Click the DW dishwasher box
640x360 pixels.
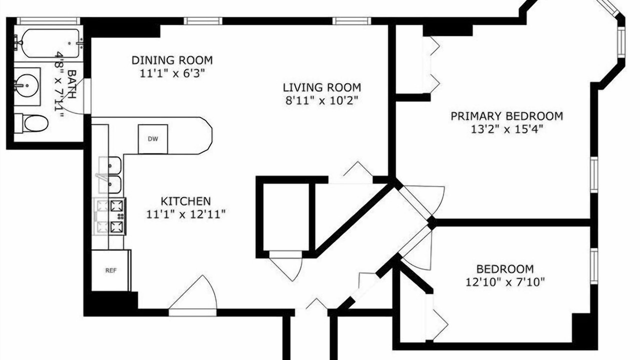pyautogui.click(x=153, y=139)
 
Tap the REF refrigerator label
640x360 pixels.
pyautogui.click(x=111, y=270)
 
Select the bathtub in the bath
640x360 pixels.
pyautogui.click(x=50, y=43)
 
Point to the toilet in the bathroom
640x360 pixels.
pyautogui.click(x=31, y=123)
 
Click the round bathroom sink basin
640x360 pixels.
pyautogui.click(x=26, y=85)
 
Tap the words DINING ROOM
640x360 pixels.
pyautogui.click(x=172, y=60)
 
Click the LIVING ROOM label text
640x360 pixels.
pyautogui.click(x=322, y=87)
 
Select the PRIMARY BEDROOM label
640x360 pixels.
pyautogui.click(x=507, y=116)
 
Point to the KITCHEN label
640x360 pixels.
pyautogui.click(x=185, y=201)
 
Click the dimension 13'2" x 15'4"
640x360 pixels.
pyautogui.click(x=506, y=129)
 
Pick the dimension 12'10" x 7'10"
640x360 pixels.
pyautogui.click(x=505, y=282)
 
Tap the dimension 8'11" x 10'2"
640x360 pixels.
pyautogui.click(x=321, y=100)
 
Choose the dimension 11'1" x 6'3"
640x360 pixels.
pyautogui.click(x=172, y=73)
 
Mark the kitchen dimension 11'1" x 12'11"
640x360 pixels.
pyautogui.click(x=186, y=214)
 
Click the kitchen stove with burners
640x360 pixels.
pyautogui.click(x=110, y=217)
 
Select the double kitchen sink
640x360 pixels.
pyautogui.click(x=110, y=175)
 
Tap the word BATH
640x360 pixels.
pyautogui.click(x=71, y=84)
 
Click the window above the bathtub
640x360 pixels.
pyautogui.click(x=48, y=21)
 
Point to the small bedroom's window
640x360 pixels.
pyautogui.click(x=594, y=266)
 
